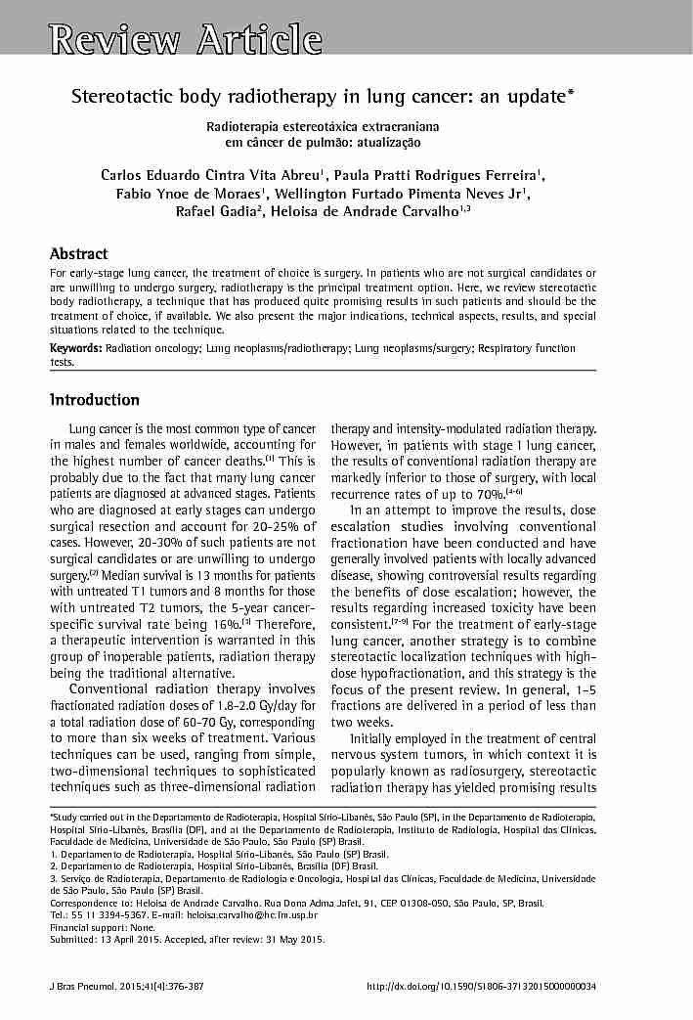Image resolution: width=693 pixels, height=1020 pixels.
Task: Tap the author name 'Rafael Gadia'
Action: point(221,211)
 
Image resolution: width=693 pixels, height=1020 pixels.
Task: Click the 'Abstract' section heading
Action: point(78,254)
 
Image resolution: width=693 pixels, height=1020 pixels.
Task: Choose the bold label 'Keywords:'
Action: point(75,348)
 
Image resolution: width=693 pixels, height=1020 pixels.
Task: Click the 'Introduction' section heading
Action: point(94,400)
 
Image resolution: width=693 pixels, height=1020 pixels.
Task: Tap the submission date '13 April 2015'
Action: point(131,940)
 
